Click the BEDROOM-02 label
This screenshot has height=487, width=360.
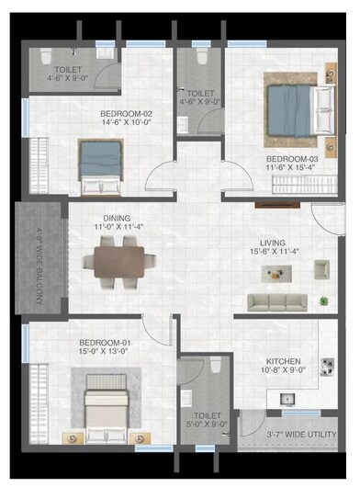pos(125,115)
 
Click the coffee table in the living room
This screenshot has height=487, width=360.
pos(277,271)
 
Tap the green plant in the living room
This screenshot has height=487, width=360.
pos(322,300)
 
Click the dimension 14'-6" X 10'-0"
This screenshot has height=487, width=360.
pos(125,124)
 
